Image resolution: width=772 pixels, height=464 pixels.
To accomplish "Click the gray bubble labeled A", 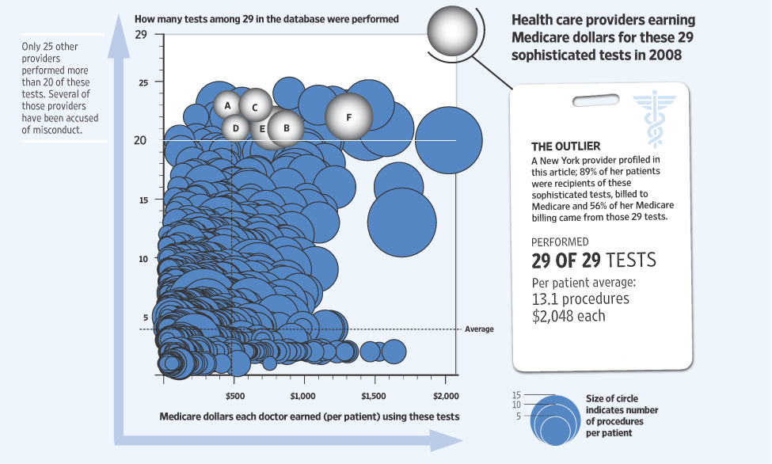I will coord(227,105).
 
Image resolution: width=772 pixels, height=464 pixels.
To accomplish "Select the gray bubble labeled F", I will coord(348,116).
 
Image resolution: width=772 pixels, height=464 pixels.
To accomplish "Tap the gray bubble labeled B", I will coord(286,127).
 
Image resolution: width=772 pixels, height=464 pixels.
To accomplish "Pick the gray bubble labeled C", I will coord(255,106).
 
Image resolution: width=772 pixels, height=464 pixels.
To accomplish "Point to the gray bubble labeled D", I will coord(235,127).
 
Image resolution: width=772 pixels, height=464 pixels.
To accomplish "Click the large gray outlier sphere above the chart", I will coord(452,31).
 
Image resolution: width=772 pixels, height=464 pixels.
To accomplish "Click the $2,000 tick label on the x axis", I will coord(445,395).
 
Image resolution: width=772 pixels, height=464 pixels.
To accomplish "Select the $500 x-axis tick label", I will coord(234,395).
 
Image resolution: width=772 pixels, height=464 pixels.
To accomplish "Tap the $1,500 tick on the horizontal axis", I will coord(374,395).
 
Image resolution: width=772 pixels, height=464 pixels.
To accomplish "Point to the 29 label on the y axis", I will coord(141,36).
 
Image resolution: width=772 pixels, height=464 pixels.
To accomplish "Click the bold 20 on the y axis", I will coord(141,140).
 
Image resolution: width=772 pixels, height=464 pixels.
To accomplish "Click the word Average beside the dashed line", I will coord(480,329).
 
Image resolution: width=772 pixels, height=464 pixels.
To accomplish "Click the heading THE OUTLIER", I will coord(565,146).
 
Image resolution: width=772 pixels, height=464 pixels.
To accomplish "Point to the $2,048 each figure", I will coord(569,316).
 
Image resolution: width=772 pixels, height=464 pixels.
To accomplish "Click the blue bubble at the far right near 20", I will coord(448,140).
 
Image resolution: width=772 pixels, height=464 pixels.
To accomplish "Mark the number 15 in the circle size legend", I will coord(516,395).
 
